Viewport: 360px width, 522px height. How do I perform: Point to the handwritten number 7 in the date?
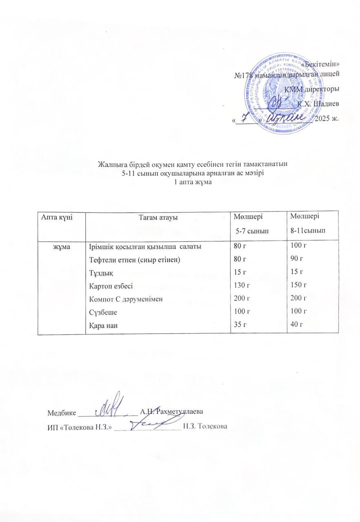pyautogui.click(x=245, y=118)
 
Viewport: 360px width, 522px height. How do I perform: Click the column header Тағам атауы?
pyautogui.click(x=157, y=218)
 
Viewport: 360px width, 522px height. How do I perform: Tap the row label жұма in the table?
pyautogui.click(x=61, y=247)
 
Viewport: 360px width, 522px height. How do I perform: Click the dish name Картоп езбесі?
pyautogui.click(x=108, y=285)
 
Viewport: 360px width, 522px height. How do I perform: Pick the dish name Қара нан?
pyautogui.click(x=102, y=325)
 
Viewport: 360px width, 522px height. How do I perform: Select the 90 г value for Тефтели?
pyautogui.click(x=296, y=259)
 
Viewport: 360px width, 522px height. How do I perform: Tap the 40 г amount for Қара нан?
pyautogui.click(x=296, y=325)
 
